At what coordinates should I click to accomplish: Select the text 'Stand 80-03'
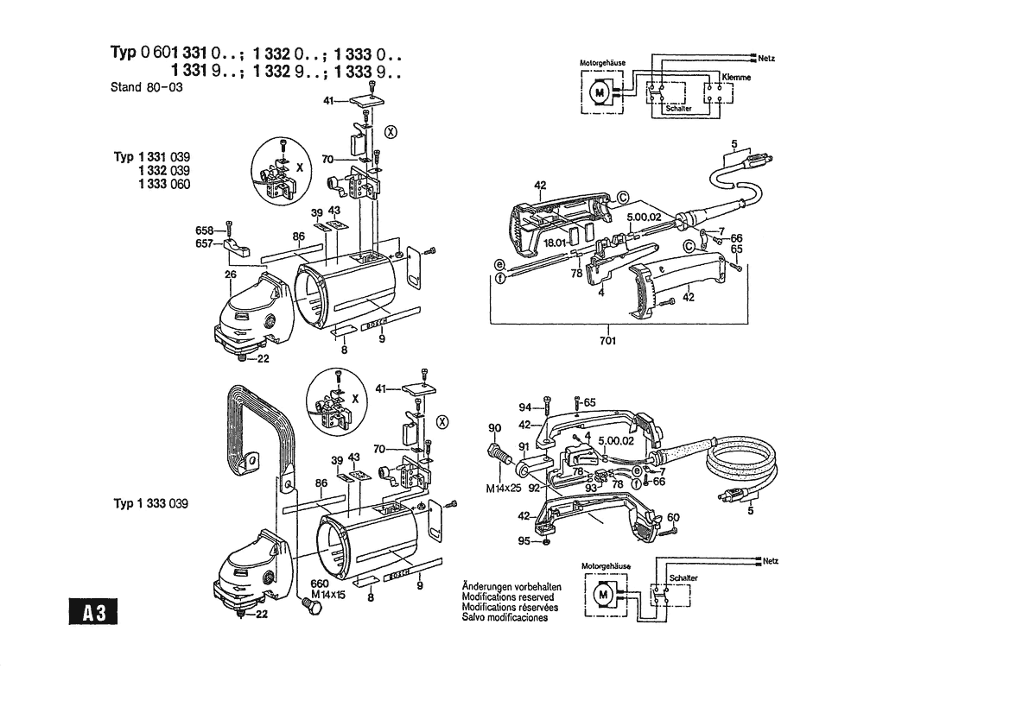click(147, 87)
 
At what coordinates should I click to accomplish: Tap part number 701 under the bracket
click(607, 340)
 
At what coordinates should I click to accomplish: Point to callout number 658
click(206, 230)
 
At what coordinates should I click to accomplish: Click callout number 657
click(206, 243)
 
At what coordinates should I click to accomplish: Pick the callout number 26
click(231, 275)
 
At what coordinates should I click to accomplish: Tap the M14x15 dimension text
click(327, 594)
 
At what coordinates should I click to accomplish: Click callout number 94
click(525, 407)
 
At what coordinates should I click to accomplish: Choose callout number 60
click(673, 517)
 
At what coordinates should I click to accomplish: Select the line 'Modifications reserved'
click(508, 597)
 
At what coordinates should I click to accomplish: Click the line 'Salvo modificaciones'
click(505, 617)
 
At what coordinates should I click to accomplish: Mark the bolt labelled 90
click(499, 451)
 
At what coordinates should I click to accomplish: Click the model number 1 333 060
click(164, 185)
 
